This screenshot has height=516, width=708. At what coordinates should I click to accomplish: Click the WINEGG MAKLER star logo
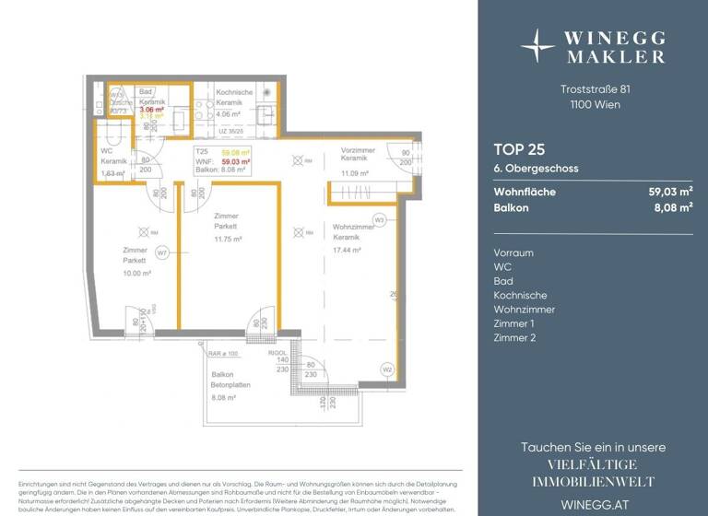(537, 44)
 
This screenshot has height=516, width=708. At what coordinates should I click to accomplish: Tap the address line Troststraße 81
(596, 89)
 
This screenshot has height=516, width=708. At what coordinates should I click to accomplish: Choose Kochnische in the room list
(520, 295)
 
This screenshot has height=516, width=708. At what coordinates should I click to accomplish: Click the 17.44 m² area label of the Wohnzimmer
(347, 250)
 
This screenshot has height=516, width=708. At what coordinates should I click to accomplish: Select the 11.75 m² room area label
(228, 239)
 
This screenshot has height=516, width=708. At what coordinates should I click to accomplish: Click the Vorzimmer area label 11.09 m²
(355, 173)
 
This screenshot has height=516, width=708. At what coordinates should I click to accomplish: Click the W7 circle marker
(161, 251)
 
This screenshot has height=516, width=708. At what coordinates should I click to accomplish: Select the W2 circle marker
(387, 370)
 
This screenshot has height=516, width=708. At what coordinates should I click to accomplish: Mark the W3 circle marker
(379, 219)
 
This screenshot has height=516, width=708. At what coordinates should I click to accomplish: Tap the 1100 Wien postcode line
(596, 104)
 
